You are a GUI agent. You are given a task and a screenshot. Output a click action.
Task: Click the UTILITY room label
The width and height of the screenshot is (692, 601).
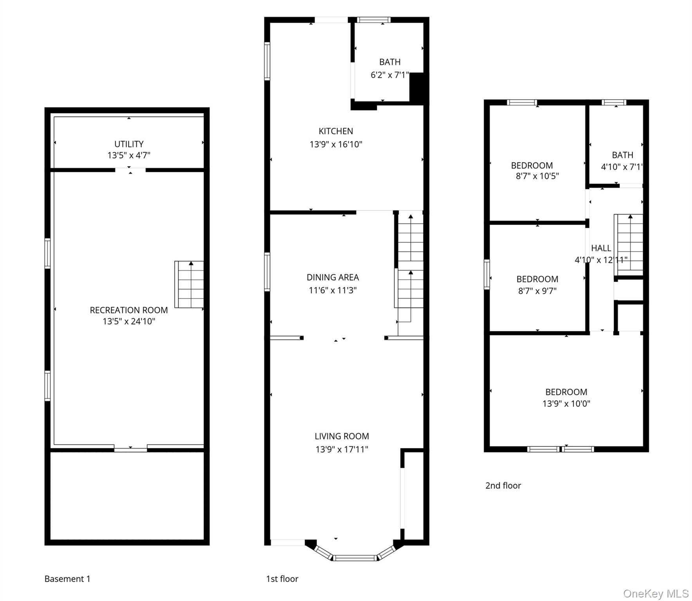tap(129, 144)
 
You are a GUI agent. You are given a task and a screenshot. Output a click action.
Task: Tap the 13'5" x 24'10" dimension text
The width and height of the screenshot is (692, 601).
tap(129, 322)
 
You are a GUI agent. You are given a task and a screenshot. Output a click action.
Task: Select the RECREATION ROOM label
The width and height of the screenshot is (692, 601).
tap(129, 310)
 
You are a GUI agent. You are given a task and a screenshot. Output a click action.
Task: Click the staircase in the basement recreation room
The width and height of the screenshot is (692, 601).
tap(189, 284)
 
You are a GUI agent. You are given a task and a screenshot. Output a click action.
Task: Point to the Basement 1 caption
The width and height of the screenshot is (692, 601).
tap(67, 579)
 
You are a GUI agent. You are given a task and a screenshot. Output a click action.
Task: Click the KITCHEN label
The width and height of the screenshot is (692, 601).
tap(335, 131)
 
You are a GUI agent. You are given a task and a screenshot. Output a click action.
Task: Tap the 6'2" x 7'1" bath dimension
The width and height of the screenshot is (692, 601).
tap(389, 75)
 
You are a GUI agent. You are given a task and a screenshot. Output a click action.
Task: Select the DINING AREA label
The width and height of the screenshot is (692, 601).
tap(332, 277)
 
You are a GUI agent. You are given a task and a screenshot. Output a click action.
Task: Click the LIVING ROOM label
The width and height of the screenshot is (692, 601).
tap(342, 436)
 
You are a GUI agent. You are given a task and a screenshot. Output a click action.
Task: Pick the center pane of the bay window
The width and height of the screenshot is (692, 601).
tap(355, 558)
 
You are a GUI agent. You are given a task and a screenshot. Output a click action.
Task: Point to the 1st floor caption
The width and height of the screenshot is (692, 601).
tap(282, 579)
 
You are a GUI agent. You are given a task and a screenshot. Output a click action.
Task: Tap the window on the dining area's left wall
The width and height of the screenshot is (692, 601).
tap(267, 272)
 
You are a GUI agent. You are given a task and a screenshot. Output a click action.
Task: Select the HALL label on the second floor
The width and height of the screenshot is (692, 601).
tap(601, 248)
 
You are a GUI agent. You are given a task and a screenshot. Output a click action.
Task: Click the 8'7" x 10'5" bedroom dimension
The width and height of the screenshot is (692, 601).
tap(537, 176)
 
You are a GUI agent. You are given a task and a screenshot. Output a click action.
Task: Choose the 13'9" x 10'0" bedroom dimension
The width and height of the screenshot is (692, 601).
tap(566, 403)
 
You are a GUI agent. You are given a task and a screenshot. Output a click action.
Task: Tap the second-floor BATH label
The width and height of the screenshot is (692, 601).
tap(622, 155)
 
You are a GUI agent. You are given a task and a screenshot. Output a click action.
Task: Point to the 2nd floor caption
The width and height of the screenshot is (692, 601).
tap(503, 486)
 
